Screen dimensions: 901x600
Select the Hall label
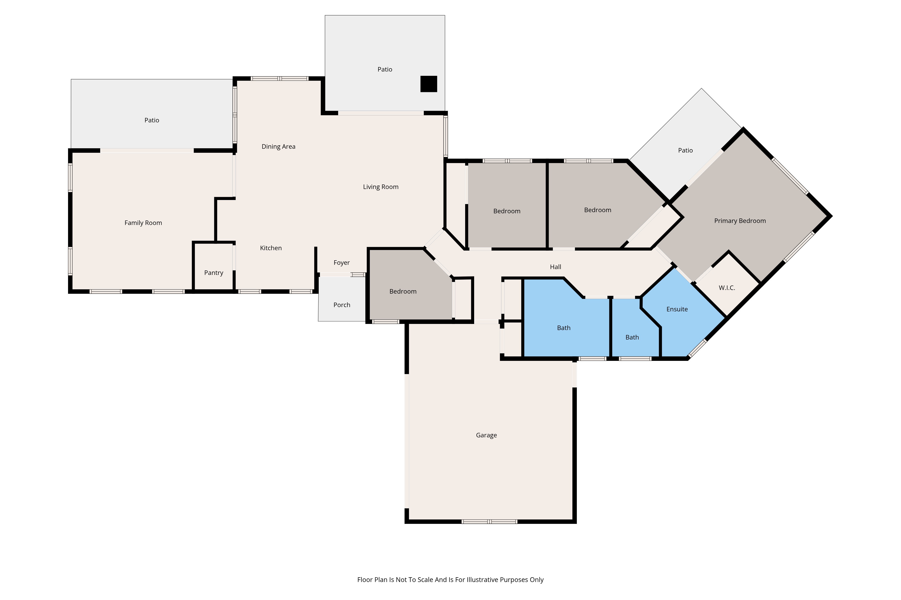click(x=555, y=267)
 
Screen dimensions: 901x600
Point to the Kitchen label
click(x=271, y=248)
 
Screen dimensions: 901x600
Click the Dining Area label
click(x=278, y=146)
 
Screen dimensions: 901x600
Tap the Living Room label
click(x=380, y=187)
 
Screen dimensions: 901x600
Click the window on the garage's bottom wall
click(x=489, y=521)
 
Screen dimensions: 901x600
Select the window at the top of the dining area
click(x=280, y=79)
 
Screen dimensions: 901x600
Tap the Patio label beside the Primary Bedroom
click(x=685, y=150)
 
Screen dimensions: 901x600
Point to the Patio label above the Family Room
click(x=152, y=120)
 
